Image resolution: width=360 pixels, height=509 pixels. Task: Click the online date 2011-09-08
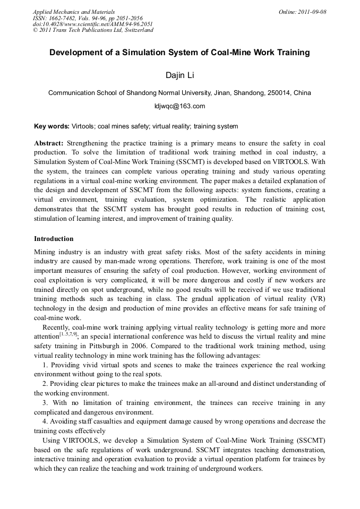[312, 12]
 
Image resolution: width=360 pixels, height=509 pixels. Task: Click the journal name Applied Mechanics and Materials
[74, 12]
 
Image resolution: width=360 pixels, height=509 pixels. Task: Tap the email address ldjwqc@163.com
[179, 106]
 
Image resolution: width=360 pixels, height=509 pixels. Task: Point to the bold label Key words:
[52, 126]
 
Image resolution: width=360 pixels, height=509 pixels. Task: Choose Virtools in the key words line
[83, 126]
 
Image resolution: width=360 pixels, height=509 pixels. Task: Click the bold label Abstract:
[49, 144]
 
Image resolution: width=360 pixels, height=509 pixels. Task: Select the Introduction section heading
[54, 239]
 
